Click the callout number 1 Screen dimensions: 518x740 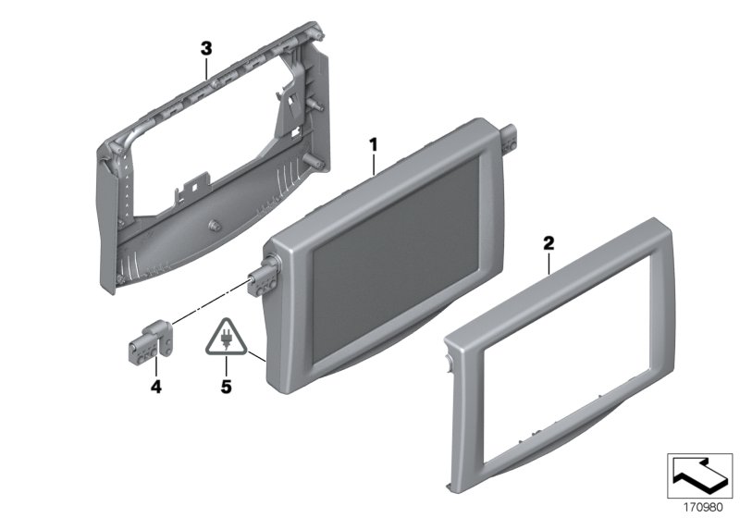coord(373,144)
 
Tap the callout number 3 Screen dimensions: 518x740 coord(207,45)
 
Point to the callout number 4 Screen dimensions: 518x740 coord(155,388)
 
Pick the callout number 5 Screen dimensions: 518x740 coord(226,388)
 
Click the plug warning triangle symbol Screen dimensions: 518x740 coord(226,339)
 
